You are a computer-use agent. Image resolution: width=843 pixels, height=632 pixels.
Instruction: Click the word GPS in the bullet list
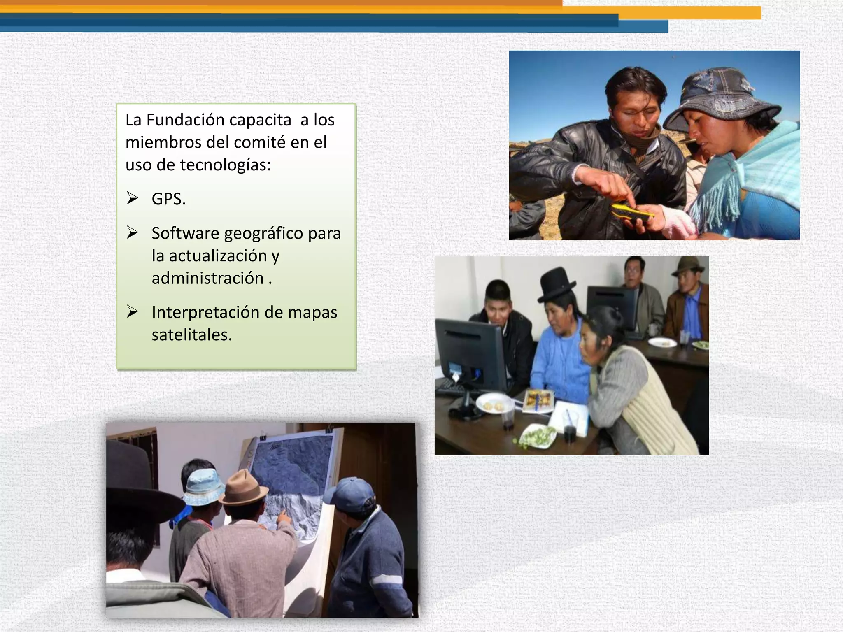(x=168, y=199)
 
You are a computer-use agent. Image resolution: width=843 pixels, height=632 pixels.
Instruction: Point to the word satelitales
(x=191, y=335)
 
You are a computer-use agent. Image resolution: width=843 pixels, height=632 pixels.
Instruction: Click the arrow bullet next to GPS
(x=132, y=198)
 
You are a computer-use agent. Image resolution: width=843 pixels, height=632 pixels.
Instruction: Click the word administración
(x=207, y=279)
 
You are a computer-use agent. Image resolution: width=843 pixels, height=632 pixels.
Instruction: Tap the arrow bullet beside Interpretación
(x=132, y=311)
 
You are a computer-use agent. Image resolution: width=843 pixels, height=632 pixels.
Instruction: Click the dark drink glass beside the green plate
(x=569, y=434)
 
